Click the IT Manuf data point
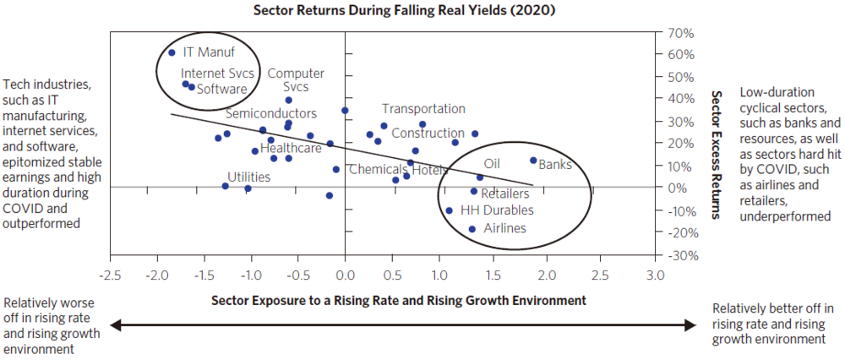pos(172,52)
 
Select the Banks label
pos(555,164)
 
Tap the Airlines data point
pos(472,229)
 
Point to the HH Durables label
pos(496,210)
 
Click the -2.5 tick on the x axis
pos(110,275)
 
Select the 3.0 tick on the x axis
pos(654,275)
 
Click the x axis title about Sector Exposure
pos(399,300)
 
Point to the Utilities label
pos(248,177)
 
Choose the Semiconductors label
pos(270,113)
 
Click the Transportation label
pos(423,108)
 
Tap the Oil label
pos(492,163)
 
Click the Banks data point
pos(532,161)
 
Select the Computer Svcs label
pos(295,80)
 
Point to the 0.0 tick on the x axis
pos(345,275)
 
